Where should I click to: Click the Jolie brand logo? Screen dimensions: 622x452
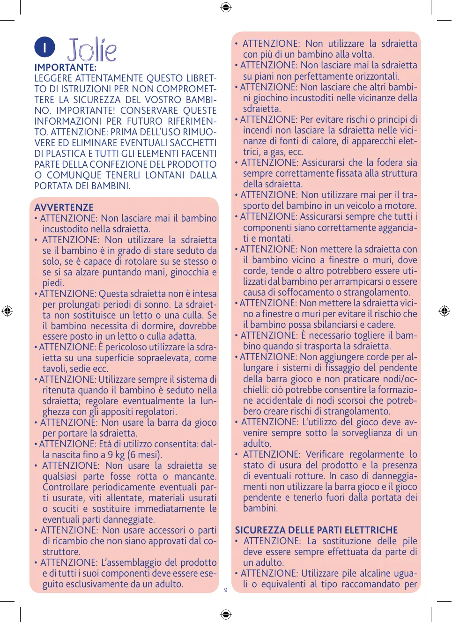pos(92,50)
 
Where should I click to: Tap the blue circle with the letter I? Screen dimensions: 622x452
pos(44,47)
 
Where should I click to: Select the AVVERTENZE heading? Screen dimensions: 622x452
pos(64,207)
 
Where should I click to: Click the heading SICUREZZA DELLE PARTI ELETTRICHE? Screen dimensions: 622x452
pos(316,530)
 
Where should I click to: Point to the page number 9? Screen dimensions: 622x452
pos(226,590)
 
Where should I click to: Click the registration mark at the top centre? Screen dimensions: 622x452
pos(226,7)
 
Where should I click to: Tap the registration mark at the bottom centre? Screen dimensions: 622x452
pos(226,614)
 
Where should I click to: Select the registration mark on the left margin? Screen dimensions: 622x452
pos(7,311)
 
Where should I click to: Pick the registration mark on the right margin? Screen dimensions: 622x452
pos(444,311)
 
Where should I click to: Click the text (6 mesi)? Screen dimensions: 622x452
pos(146,455)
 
